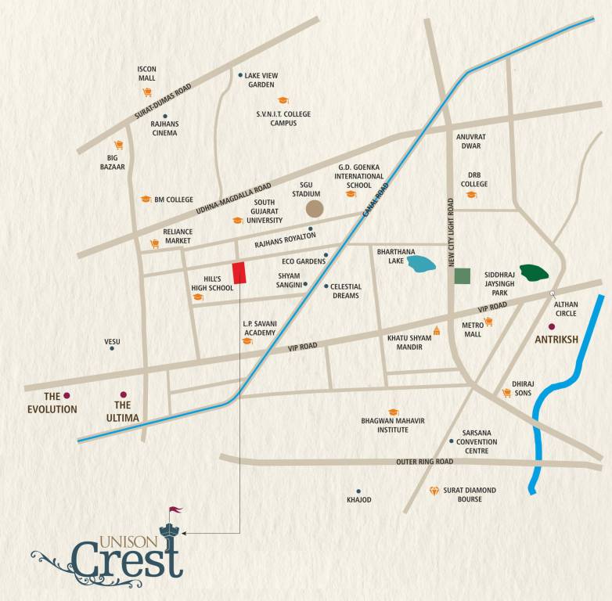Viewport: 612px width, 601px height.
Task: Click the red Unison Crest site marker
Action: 239,273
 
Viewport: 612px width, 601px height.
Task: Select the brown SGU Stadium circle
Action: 314,208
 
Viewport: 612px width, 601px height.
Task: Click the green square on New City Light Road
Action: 463,275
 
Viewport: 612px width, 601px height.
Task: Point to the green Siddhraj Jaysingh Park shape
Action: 535,272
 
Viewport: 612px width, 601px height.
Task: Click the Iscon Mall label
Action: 146,73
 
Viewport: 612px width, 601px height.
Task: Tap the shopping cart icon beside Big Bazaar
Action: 118,144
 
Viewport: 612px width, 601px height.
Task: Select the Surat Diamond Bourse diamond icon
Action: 434,491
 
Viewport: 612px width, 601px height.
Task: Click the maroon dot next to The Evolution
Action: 67,395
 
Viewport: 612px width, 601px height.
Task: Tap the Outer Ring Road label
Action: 424,462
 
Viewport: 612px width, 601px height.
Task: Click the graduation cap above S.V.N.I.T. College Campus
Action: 283,100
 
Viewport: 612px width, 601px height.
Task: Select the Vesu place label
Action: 112,341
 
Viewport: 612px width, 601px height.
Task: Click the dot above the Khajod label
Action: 358,491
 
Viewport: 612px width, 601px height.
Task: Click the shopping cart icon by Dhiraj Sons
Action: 506,393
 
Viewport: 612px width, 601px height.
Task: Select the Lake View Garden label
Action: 261,80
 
